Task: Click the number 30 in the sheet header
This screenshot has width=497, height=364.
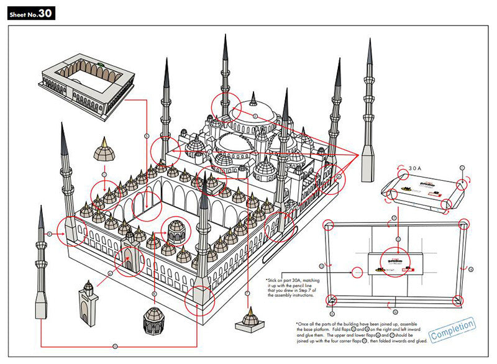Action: (x=45, y=14)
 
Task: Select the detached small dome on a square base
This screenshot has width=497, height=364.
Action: (x=250, y=319)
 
